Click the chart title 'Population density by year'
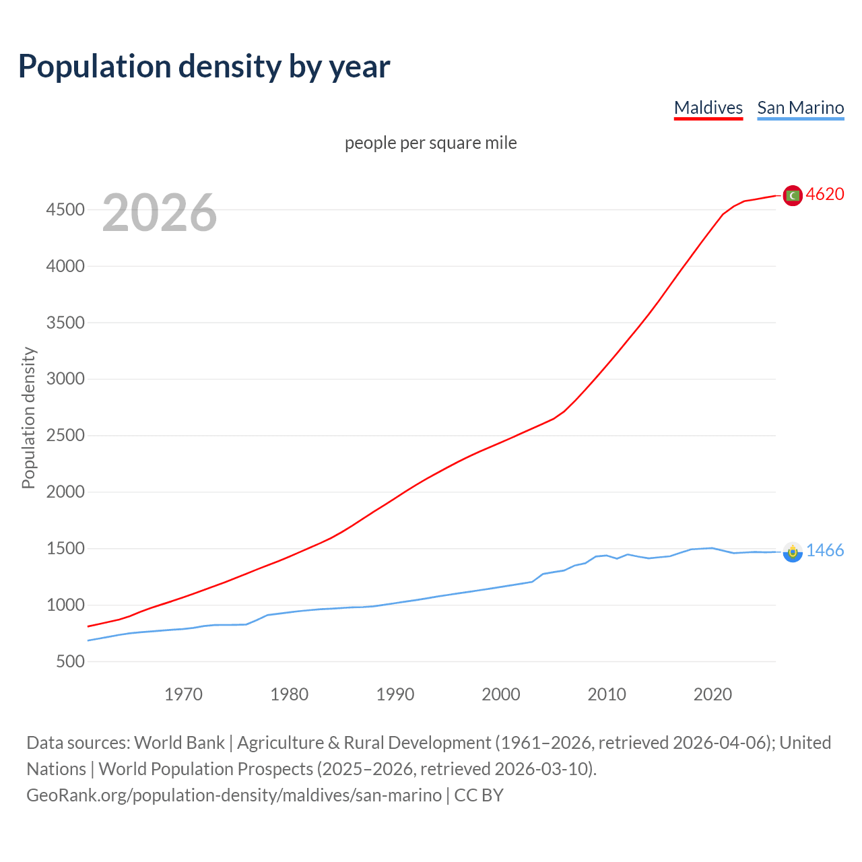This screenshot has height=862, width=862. point(204,67)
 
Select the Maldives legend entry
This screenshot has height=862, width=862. point(708,108)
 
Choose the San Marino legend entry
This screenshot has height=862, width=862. point(800,108)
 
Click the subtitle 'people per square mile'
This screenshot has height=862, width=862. point(430,143)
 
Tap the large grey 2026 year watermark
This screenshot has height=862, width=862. point(160,213)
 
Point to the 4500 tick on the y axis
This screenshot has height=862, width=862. point(65,210)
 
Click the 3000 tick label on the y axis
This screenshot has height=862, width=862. point(65,379)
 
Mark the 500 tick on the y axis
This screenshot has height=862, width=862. point(70,661)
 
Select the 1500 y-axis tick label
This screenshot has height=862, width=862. point(65,549)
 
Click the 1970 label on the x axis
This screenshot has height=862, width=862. point(183,694)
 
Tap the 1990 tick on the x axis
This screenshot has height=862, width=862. point(395,694)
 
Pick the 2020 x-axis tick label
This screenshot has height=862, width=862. point(712,694)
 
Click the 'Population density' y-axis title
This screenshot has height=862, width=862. point(28,418)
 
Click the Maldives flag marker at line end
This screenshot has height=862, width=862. point(793,195)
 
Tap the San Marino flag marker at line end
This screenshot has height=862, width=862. point(793,552)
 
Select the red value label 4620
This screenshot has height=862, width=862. point(825,195)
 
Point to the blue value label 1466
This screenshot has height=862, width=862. point(825,551)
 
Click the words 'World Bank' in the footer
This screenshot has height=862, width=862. point(179,743)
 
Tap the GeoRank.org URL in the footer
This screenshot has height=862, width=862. point(234,795)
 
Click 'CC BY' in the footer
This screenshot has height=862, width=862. point(479,795)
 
